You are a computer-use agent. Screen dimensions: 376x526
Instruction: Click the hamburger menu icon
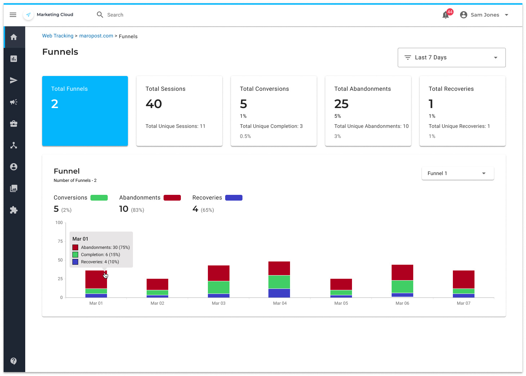tap(13, 15)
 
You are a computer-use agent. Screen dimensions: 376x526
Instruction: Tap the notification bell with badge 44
tap(446, 15)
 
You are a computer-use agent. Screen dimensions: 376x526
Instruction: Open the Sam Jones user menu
tap(485, 15)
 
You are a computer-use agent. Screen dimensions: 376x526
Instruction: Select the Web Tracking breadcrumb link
tap(58, 36)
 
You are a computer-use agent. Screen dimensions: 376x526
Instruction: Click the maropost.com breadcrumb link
tap(96, 36)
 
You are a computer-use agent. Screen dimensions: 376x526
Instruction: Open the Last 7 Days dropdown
tap(451, 58)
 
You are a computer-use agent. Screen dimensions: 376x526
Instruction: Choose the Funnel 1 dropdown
tap(458, 173)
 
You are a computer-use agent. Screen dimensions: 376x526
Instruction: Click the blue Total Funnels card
tap(85, 111)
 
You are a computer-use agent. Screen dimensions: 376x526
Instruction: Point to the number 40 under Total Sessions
tap(154, 104)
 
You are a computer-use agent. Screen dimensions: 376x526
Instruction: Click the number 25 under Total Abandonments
tap(341, 104)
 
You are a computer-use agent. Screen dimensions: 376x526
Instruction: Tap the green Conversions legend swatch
tap(99, 198)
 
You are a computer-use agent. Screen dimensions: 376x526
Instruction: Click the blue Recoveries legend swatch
tap(234, 198)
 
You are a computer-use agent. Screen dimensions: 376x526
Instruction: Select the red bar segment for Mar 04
tap(279, 268)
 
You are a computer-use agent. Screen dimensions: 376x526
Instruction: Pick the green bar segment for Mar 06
tap(402, 287)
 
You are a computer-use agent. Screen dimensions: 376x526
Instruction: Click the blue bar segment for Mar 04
tap(279, 293)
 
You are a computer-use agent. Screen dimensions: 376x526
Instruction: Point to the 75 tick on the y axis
tap(60, 241)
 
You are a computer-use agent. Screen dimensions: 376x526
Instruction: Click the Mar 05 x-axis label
tap(341, 303)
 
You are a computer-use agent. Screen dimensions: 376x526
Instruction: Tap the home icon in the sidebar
tap(14, 37)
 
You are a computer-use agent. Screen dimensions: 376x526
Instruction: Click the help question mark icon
tap(14, 361)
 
